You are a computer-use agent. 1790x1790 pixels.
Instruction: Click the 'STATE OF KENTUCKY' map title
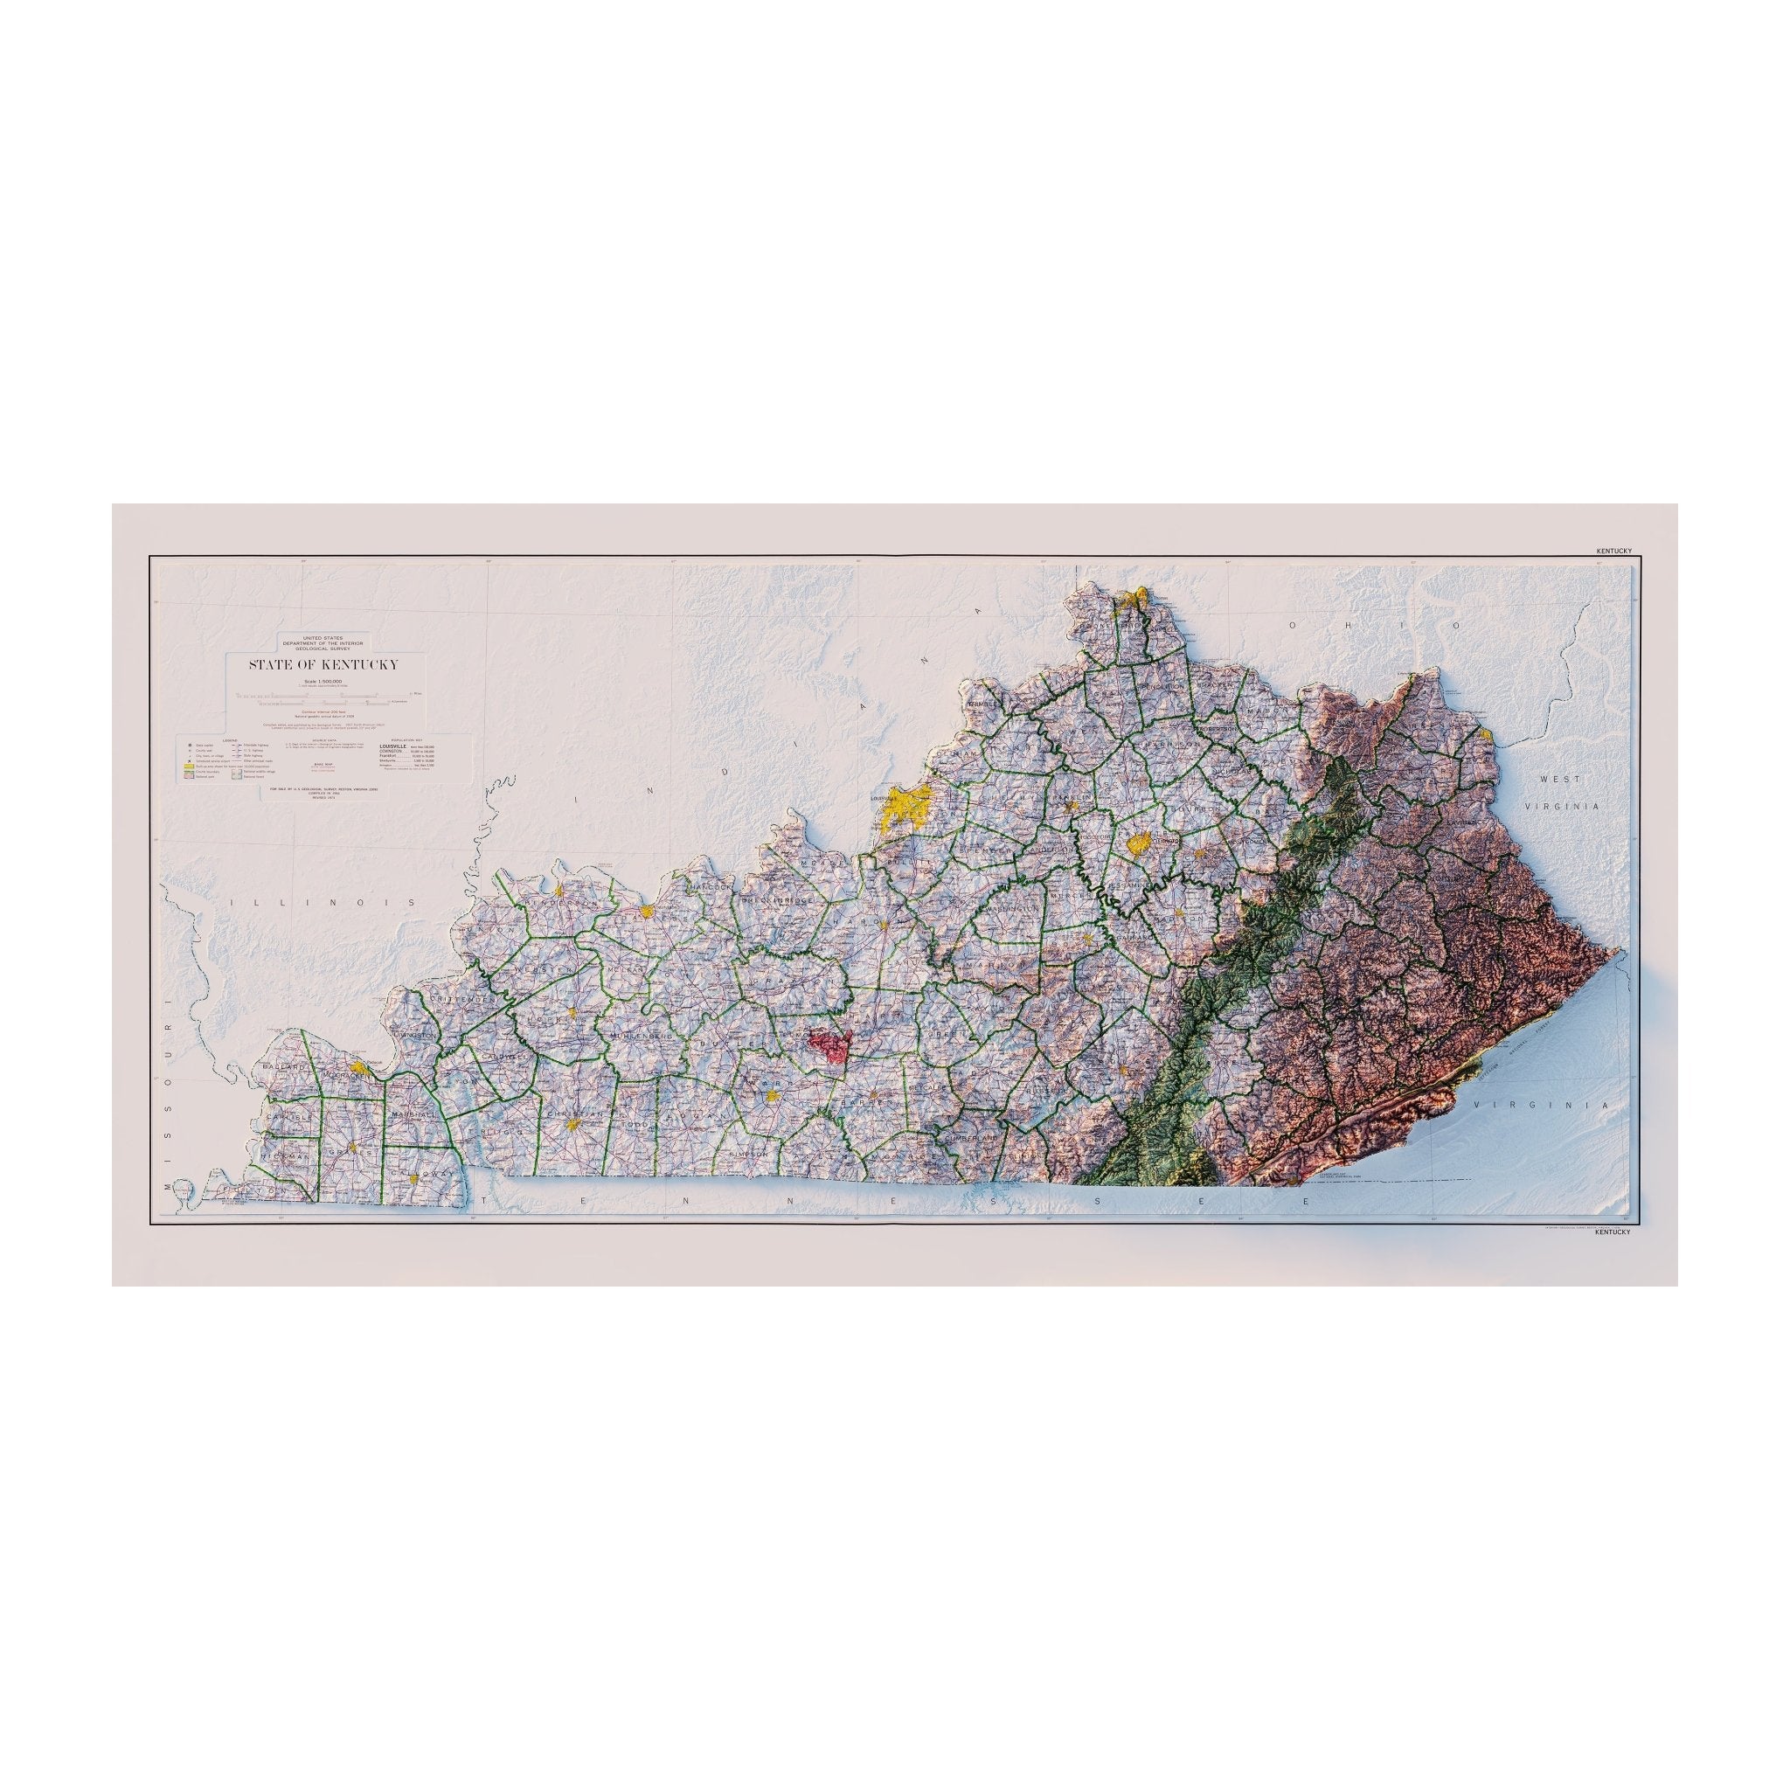323,664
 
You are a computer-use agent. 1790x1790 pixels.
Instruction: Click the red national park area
829,1044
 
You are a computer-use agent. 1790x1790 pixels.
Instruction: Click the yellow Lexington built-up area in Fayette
1139,843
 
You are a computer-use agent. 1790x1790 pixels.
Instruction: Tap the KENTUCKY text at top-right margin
1613,551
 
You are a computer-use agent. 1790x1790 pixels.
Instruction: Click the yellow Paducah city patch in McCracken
362,1070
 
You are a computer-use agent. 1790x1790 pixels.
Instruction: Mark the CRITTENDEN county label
451,1003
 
